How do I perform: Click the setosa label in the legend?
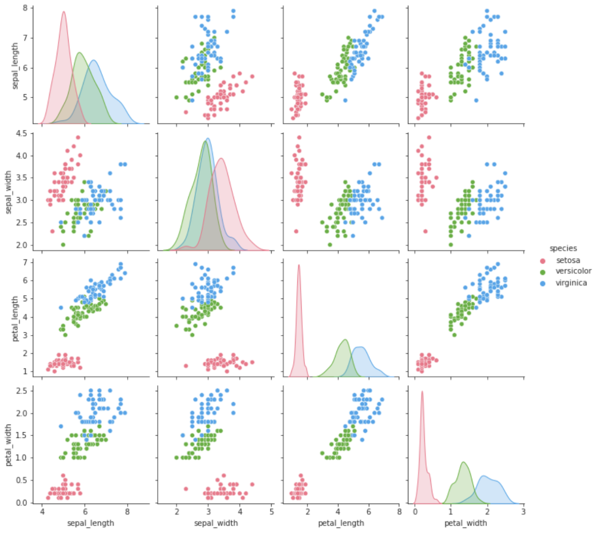[568, 260]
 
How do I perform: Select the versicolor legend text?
[573, 271]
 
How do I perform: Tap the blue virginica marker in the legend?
[542, 283]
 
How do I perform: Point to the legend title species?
[563, 248]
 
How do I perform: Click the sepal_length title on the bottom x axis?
[91, 523]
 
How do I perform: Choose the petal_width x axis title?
[466, 523]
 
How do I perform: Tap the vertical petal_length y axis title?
[15, 318]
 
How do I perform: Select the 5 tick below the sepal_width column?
[271, 512]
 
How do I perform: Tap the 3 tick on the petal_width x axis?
[523, 512]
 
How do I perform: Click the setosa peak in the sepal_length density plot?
[63, 12]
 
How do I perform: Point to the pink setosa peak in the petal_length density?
[299, 266]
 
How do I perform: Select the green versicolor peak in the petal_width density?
[463, 462]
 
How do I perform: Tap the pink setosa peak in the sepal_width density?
[221, 159]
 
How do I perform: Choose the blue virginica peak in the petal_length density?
[361, 347]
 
